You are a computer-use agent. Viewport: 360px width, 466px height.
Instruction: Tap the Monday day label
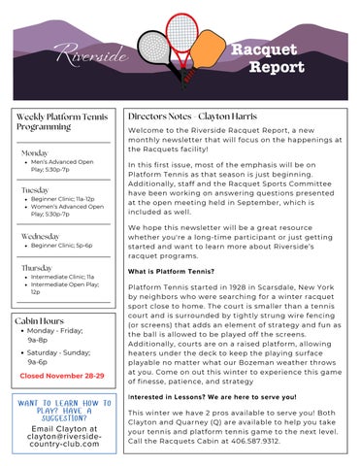tap(35, 153)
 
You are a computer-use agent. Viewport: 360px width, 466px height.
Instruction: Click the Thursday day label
tap(37, 266)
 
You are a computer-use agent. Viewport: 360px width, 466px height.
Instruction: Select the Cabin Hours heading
tap(41, 319)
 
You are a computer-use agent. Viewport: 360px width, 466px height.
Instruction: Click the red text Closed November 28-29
tap(60, 374)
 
